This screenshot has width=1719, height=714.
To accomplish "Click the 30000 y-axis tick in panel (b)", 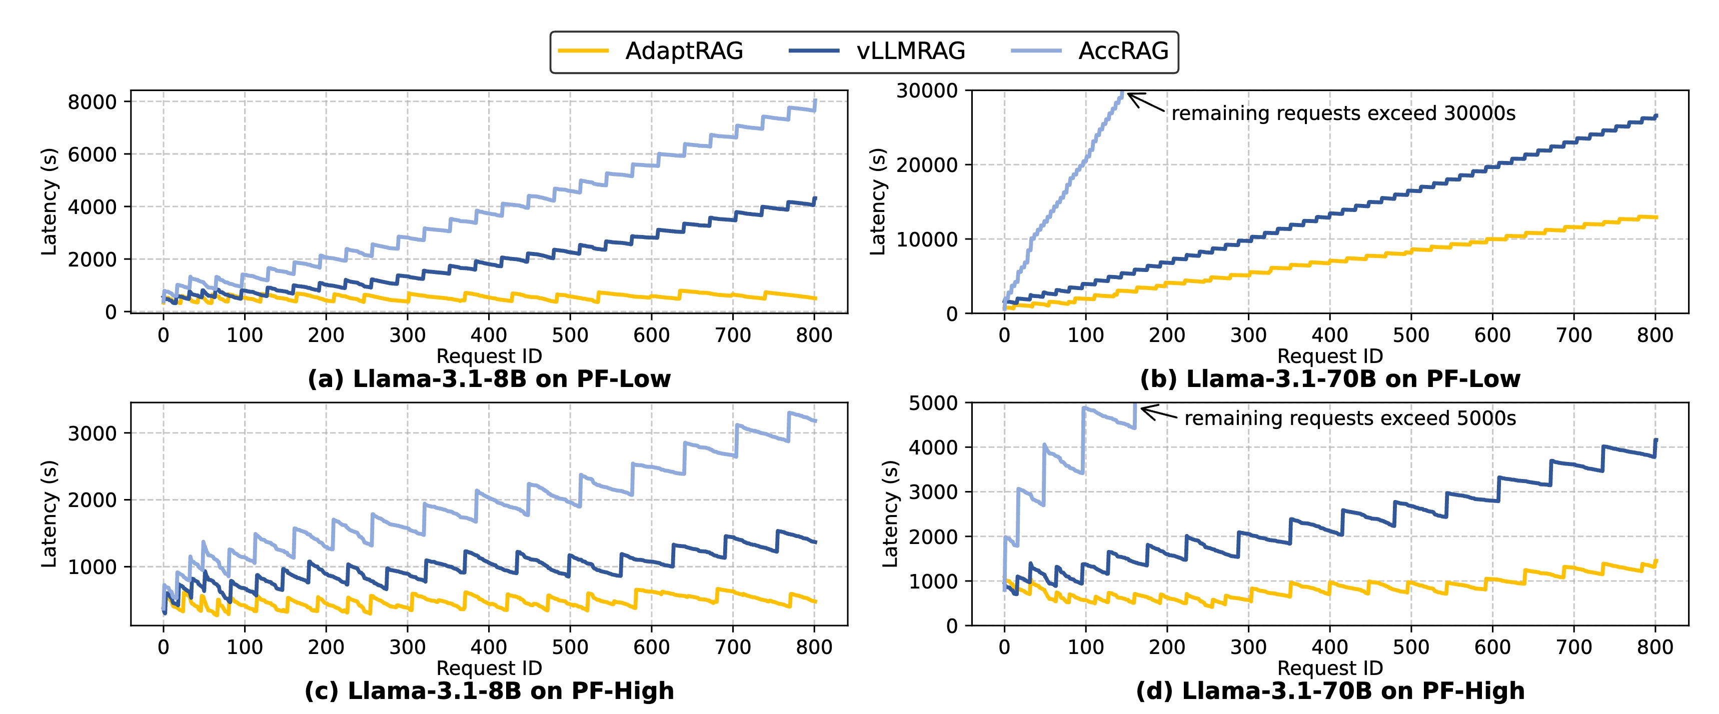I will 927,91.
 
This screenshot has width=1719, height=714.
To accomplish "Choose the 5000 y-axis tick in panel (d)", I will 933,403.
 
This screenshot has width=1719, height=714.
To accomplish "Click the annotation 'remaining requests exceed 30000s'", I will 1342,113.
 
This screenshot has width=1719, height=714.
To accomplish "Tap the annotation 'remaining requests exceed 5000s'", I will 1349,418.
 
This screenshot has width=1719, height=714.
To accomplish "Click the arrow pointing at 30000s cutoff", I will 1146,102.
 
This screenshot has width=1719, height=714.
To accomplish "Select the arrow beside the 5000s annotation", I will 1159,413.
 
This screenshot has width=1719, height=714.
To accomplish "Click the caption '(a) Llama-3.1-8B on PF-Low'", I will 489,379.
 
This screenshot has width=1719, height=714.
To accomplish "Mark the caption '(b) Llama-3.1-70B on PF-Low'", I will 1330,379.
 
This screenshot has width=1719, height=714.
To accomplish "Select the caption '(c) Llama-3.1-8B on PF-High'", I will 489,690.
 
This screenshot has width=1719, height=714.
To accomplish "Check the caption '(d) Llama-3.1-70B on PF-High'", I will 1330,690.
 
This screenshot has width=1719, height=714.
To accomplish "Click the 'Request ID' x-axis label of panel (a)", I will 489,355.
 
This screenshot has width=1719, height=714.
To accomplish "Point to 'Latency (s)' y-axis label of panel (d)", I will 890,514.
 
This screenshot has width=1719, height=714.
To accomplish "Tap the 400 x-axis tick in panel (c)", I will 489,646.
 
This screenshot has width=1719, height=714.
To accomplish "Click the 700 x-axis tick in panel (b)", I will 1573,335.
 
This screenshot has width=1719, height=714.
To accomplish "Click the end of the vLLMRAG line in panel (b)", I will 1655,116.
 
